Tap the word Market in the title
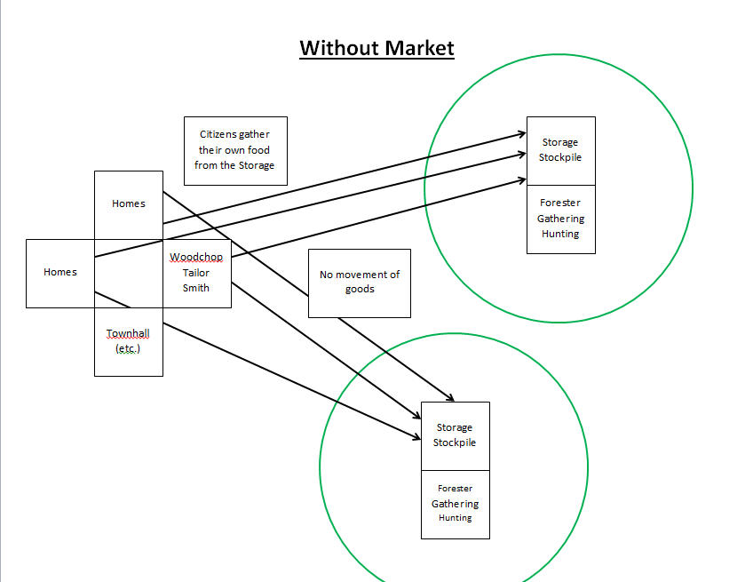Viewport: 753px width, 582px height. [418, 47]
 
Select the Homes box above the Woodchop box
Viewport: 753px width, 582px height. [129, 203]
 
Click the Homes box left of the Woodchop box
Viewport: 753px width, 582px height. [60, 273]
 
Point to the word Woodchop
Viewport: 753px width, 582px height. [196, 258]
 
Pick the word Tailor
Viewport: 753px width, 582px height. [196, 273]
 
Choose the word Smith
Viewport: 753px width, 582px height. [196, 288]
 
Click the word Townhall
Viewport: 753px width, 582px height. [129, 333]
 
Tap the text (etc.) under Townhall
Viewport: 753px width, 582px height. [129, 348]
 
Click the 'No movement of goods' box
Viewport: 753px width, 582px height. [360, 283]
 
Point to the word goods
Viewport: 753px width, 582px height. [360, 289]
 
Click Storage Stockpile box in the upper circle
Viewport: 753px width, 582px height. [560, 150]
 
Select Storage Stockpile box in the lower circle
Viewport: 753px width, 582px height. [455, 435]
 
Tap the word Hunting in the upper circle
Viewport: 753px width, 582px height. [560, 234]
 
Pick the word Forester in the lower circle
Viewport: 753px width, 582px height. [455, 489]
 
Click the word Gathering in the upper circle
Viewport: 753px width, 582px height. [560, 219]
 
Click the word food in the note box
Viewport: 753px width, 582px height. [260, 150]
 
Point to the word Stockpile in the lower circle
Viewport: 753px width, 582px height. [455, 442]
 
